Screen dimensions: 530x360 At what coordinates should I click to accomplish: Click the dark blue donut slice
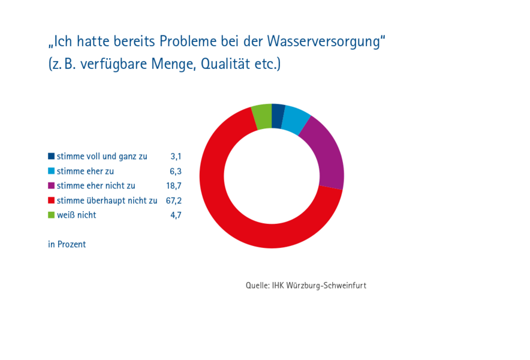click(x=278, y=116)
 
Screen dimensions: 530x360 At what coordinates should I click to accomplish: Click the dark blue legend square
click(x=52, y=156)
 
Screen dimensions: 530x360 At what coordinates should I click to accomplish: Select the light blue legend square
click(x=52, y=171)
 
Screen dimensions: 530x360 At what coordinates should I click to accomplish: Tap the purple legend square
click(x=52, y=185)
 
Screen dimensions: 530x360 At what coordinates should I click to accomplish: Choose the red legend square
click(x=52, y=200)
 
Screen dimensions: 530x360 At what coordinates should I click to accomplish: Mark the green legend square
click(x=52, y=215)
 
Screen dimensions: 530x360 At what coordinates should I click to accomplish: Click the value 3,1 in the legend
click(x=176, y=157)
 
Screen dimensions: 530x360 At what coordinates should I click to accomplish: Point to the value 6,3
click(x=176, y=171)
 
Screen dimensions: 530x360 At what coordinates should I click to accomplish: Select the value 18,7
click(x=174, y=186)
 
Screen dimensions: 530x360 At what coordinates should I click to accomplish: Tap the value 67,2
click(x=174, y=200)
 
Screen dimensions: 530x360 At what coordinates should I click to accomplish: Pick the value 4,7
click(x=176, y=215)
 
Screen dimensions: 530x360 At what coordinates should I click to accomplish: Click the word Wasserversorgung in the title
click(x=324, y=41)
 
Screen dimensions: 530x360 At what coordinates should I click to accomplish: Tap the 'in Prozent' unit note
click(x=67, y=244)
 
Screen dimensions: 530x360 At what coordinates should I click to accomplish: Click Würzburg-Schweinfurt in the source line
click(x=326, y=286)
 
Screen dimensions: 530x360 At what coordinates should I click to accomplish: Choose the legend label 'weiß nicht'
click(x=76, y=215)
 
